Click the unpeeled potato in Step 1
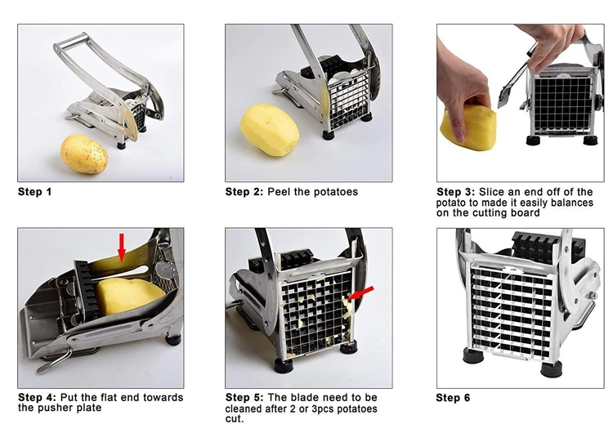tap(85, 153)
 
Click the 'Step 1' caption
tap(35, 192)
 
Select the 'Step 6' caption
tap(454, 398)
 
